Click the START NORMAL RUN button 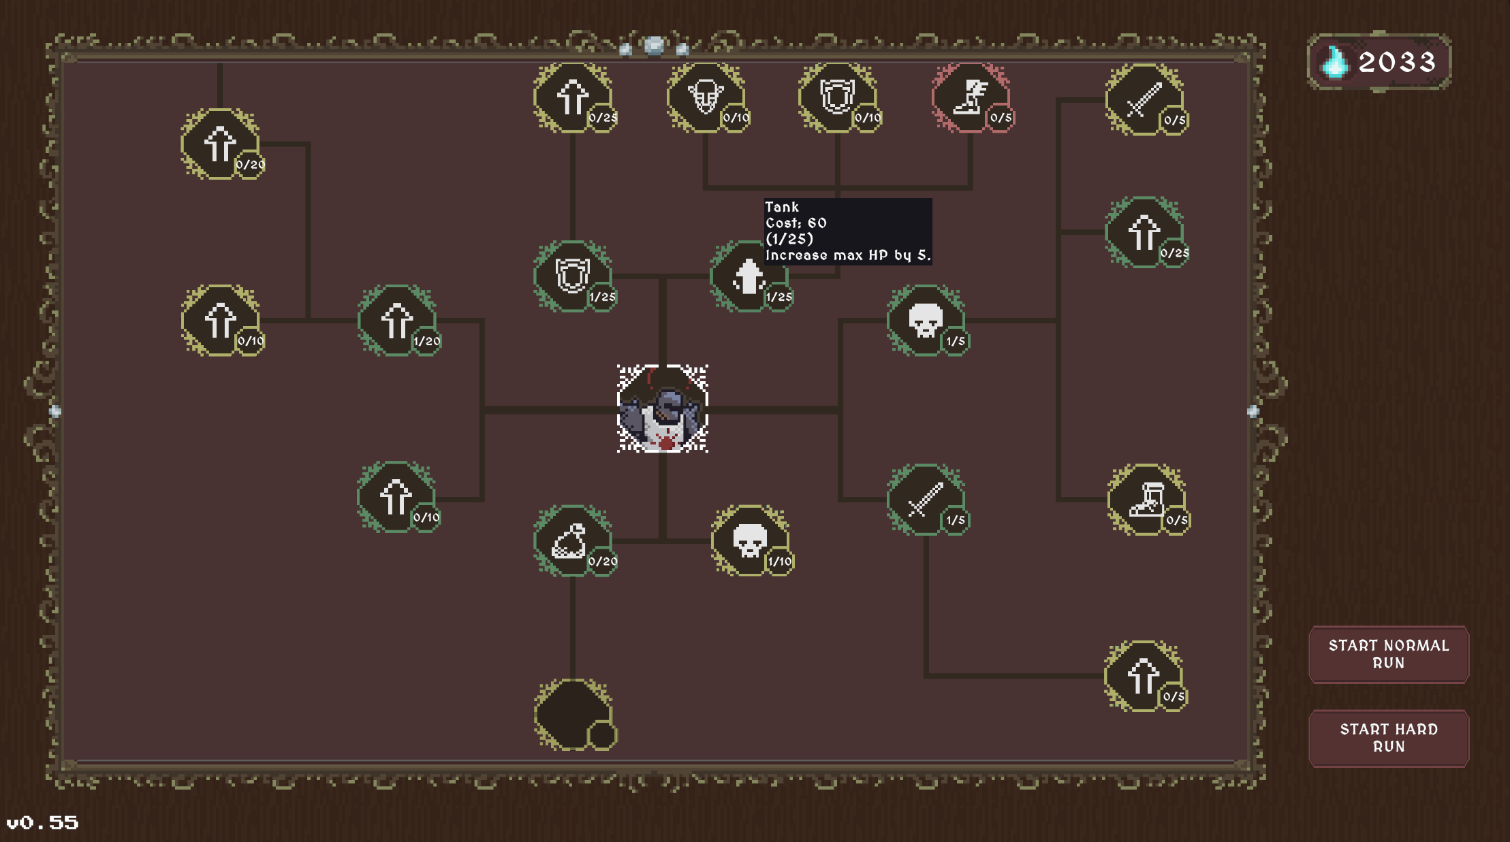(1388, 654)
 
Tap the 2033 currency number (1397, 63)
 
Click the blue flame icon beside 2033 (1334, 62)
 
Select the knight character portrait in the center (662, 408)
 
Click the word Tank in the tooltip (781, 207)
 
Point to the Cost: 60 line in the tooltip (796, 223)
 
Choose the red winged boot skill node (969, 97)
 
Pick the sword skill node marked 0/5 (1144, 100)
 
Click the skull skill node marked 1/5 (925, 320)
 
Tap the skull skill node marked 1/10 (749, 540)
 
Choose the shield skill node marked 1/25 (572, 276)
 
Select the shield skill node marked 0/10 (836, 97)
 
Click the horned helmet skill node (705, 97)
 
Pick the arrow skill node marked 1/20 (396, 320)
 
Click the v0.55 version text (42, 823)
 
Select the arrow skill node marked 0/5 (1144, 676)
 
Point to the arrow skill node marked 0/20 (219, 144)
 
